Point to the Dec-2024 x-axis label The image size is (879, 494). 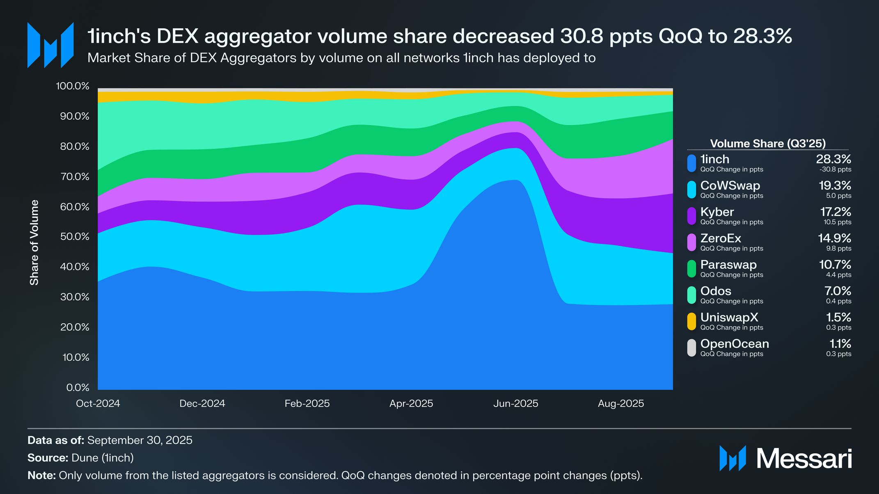click(x=202, y=404)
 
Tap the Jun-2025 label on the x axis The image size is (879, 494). click(x=515, y=404)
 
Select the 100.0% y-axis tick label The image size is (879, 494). click(x=73, y=86)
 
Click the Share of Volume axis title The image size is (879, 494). click(x=34, y=242)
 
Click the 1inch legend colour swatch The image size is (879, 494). click(x=692, y=163)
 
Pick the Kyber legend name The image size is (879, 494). click(x=717, y=212)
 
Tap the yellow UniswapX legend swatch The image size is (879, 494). click(x=692, y=321)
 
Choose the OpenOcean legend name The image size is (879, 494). click(x=735, y=344)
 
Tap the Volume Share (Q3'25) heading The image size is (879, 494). click(x=768, y=144)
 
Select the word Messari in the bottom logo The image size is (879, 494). click(x=804, y=458)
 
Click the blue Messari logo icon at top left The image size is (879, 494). click(x=50, y=45)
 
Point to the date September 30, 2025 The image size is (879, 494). click(x=140, y=440)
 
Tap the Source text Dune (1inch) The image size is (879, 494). click(x=103, y=458)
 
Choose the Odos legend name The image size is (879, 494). click(x=716, y=291)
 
